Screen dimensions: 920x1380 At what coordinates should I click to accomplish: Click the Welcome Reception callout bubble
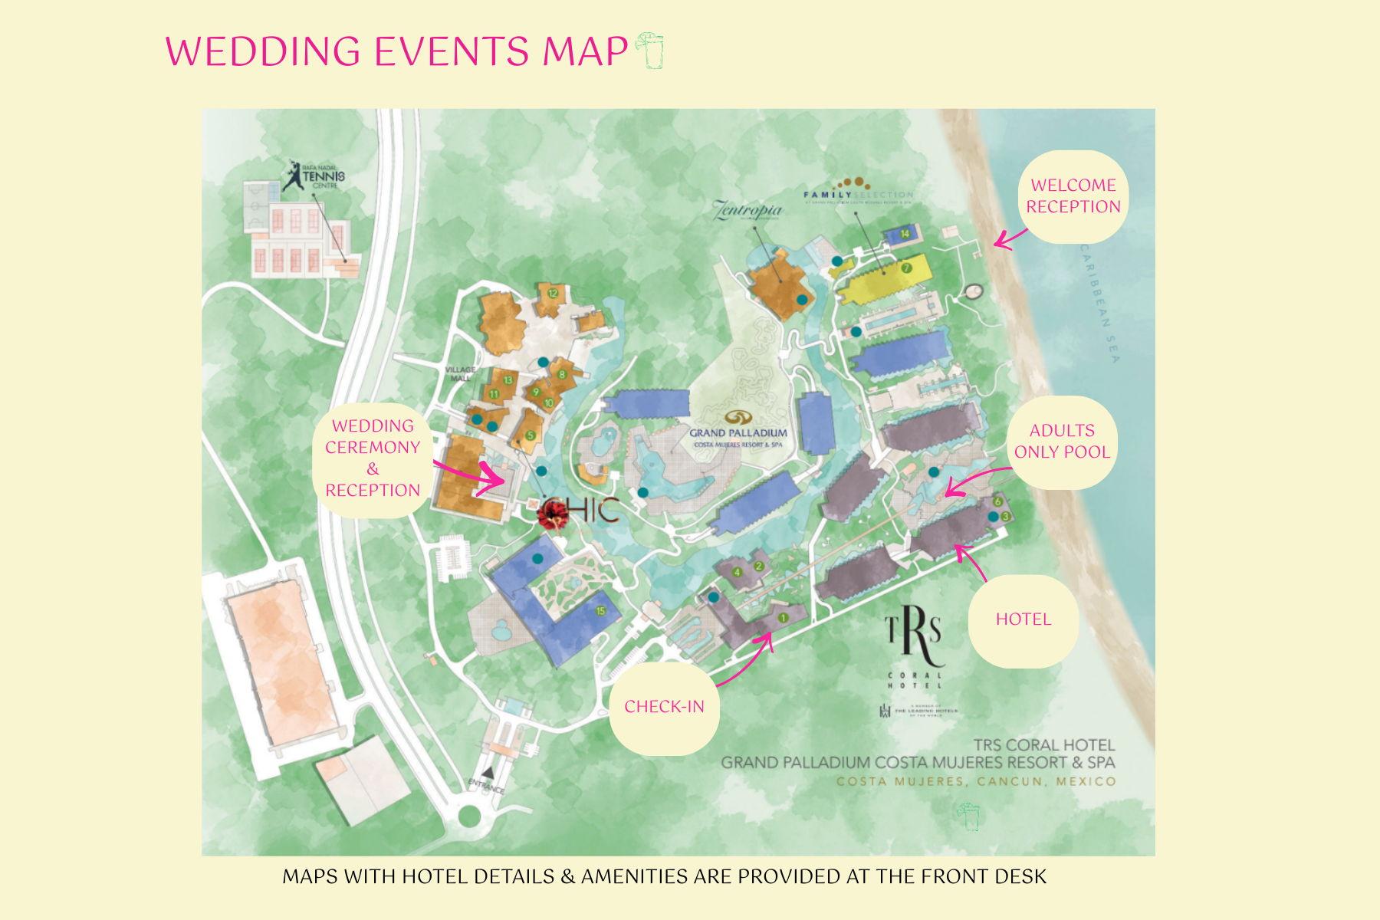point(1073,196)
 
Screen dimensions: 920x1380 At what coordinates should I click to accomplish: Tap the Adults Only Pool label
point(1062,442)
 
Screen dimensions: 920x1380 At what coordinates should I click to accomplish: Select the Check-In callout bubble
point(664,706)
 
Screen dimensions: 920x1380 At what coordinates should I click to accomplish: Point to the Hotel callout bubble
point(1023,619)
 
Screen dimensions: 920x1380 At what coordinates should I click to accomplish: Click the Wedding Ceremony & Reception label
point(373,458)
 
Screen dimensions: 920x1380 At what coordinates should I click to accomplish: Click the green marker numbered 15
point(601,611)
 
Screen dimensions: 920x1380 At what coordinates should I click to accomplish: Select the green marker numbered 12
point(552,293)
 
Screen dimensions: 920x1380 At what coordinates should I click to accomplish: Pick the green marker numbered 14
point(905,233)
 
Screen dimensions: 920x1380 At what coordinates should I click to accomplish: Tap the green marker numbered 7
point(906,268)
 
